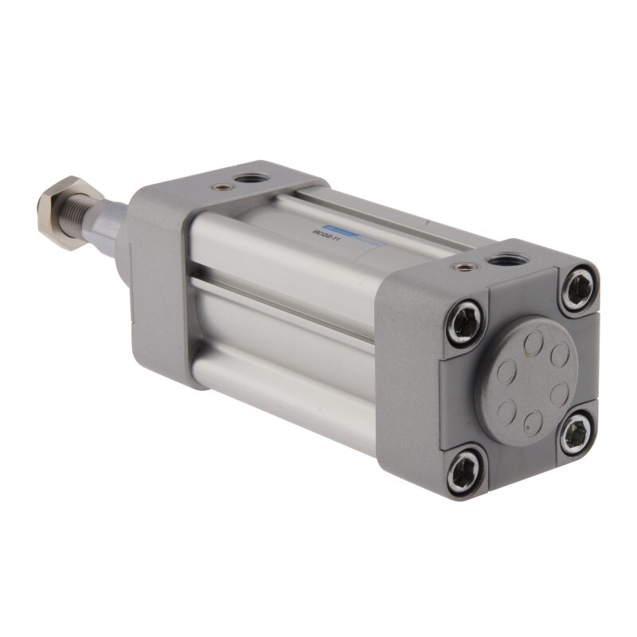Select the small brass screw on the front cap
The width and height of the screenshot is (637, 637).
[224, 187]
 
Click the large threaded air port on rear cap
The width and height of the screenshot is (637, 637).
[502, 259]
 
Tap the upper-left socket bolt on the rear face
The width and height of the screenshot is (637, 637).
[465, 322]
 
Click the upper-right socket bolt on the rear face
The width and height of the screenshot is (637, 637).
[578, 288]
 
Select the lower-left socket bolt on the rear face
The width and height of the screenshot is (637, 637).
[465, 470]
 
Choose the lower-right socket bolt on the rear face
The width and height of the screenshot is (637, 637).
[576, 434]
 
